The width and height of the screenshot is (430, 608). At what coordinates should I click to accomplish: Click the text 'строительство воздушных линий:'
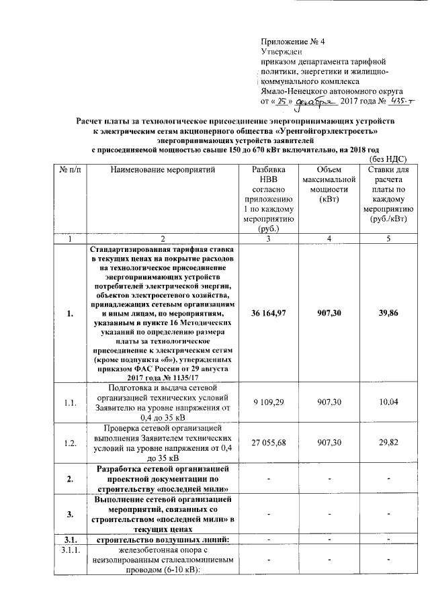pyautogui.click(x=162, y=539)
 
